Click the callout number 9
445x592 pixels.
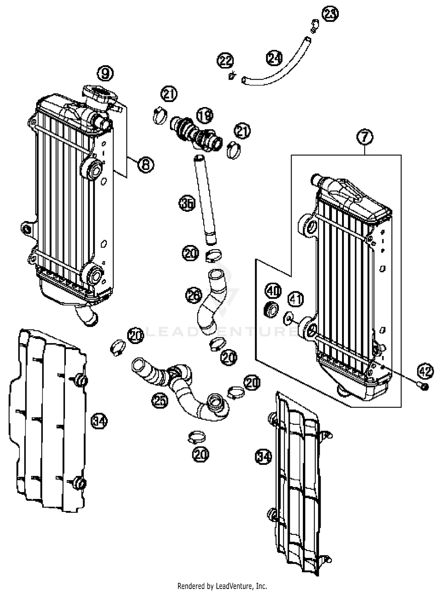pyautogui.click(x=106, y=73)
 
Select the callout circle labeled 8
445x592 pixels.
pyautogui.click(x=146, y=165)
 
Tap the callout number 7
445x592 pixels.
pyautogui.click(x=365, y=137)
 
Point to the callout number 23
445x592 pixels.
pyautogui.click(x=330, y=13)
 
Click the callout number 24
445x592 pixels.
pyautogui.click(x=274, y=58)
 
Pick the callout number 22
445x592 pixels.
pyautogui.click(x=225, y=61)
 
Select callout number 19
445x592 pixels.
pyautogui.click(x=205, y=115)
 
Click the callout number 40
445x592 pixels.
pyautogui.click(x=273, y=291)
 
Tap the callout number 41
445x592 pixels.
pyautogui.click(x=295, y=299)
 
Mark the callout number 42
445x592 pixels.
pyautogui.click(x=425, y=371)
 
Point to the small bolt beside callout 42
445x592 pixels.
pyautogui.click(x=424, y=386)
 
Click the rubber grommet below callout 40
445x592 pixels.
pyautogui.click(x=271, y=310)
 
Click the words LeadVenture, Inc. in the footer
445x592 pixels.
pyautogui.click(x=241, y=586)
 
